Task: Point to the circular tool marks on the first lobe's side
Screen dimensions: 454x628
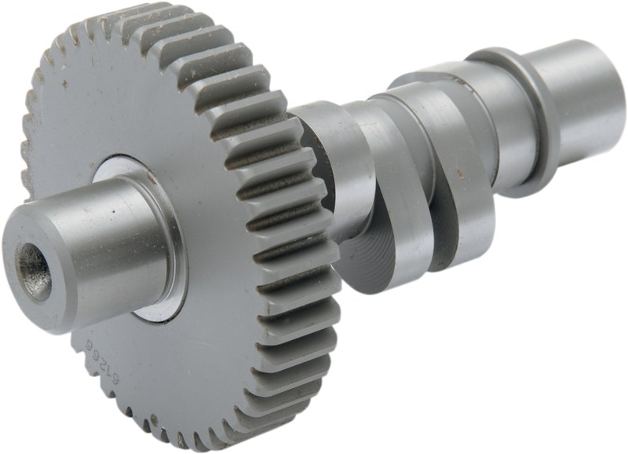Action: point(377,259)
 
